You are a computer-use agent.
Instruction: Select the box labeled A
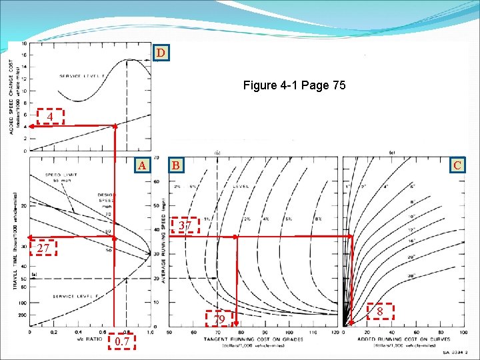click(140, 165)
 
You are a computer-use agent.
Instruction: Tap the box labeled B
click(175, 165)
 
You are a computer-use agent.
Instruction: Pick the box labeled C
click(457, 165)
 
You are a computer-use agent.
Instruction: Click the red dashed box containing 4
click(49, 117)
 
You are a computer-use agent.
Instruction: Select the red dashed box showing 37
click(186, 226)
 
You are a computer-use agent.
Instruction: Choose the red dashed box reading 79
click(219, 320)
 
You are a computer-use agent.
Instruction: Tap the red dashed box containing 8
click(379, 311)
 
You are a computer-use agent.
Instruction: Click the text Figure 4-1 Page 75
click(294, 85)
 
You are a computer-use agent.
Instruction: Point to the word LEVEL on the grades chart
click(241, 187)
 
